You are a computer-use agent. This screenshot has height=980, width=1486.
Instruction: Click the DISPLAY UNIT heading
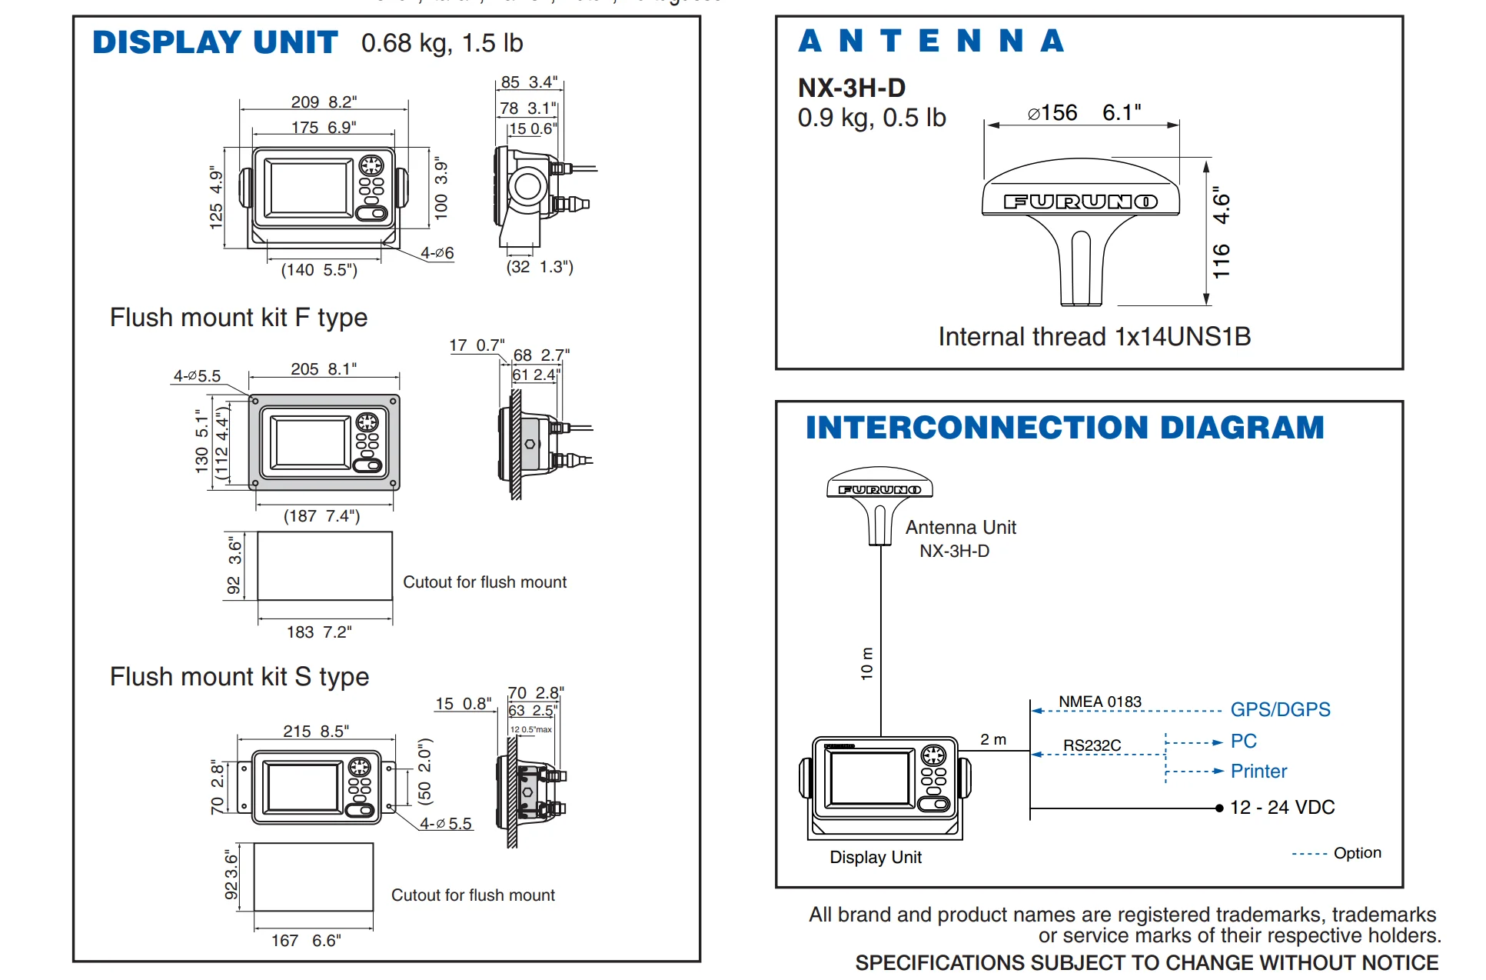coord(214,42)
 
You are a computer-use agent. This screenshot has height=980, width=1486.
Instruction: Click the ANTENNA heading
coord(930,41)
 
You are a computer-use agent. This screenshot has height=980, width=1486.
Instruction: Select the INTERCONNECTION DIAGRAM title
coord(1064,428)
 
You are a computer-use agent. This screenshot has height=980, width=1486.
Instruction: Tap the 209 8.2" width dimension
coord(324,102)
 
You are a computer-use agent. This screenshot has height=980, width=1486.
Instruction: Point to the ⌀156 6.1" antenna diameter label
coord(1083,113)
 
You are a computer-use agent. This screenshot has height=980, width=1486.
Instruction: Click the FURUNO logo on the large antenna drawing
coord(1080,202)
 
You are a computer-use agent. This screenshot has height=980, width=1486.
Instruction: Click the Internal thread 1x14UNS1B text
coord(1094,336)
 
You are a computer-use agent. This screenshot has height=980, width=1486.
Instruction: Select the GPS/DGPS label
coord(1280,709)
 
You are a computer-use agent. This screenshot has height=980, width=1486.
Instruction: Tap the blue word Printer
coord(1258,771)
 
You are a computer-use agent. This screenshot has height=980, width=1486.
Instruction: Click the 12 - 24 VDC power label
coord(1282,807)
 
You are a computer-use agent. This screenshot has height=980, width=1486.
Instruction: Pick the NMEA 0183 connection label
coord(1099,702)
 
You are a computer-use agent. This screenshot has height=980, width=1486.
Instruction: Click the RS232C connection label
coord(1092,745)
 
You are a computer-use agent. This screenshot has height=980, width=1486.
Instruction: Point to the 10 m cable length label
coord(866,663)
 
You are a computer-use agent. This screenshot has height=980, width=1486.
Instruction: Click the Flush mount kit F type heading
coord(238,318)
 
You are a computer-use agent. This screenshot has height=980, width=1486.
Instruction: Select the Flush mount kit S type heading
coord(239,677)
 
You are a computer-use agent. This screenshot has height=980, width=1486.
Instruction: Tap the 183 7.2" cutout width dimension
coord(319,632)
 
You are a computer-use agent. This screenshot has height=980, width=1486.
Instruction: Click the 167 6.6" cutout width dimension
coord(306,940)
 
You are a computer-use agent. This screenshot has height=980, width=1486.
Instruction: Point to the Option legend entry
coord(1357,852)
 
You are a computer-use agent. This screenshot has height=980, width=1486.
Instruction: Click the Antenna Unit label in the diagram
coord(960,528)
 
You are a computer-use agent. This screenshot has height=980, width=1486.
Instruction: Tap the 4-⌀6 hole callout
coord(437,253)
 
